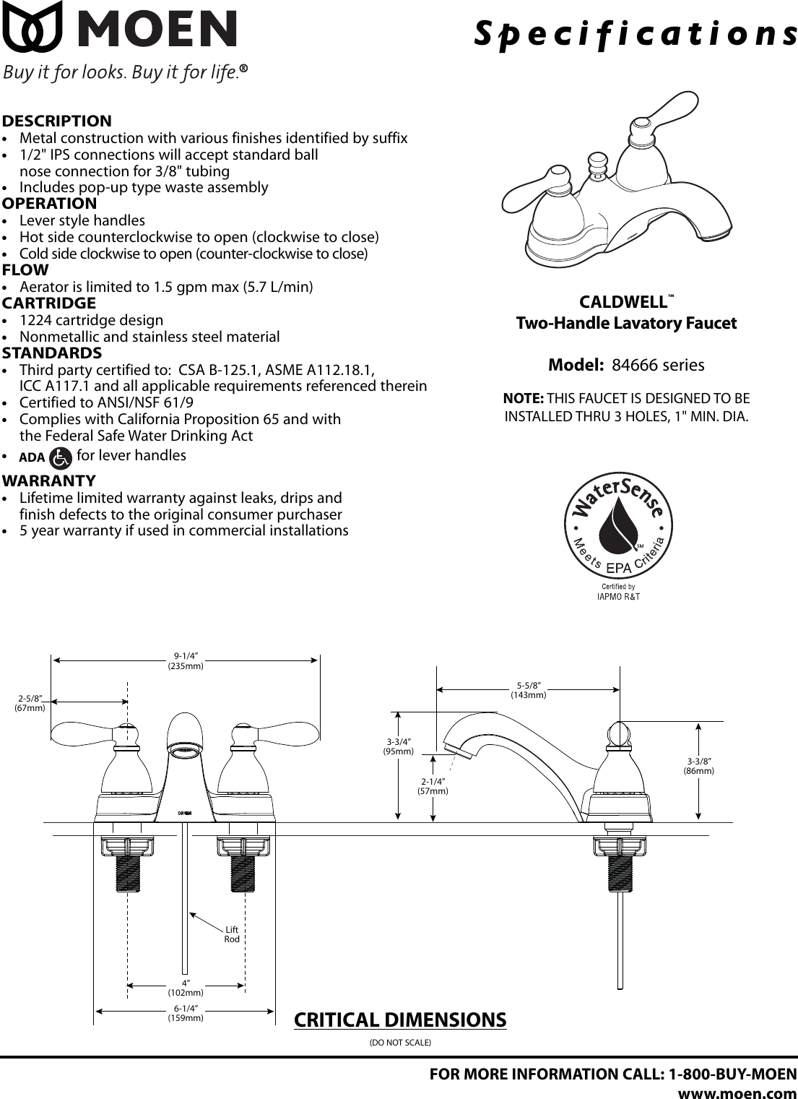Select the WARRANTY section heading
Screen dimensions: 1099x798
[x=49, y=480]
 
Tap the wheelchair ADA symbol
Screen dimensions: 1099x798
[x=61, y=457]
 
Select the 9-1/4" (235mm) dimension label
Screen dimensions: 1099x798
[x=186, y=661]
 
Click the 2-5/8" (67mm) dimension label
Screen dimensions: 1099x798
[x=30, y=703]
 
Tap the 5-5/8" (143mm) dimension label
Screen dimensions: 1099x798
[x=529, y=690]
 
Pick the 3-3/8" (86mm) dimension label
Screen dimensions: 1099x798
[x=699, y=766]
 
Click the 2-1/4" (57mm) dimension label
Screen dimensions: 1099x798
[x=433, y=786]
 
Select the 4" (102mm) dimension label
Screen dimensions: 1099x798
[x=186, y=988]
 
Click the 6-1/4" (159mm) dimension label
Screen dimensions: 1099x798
[x=186, y=1013]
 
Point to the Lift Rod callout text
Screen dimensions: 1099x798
[x=232, y=934]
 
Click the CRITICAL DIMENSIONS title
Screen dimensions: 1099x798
[x=400, y=1020]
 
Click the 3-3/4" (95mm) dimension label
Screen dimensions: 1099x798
[x=398, y=746]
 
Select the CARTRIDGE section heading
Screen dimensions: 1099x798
[x=49, y=303]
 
